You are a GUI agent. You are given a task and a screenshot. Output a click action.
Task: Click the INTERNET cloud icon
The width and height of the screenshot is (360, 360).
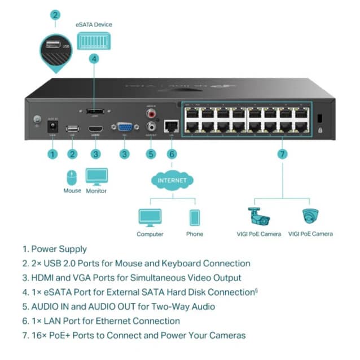[x=172, y=181]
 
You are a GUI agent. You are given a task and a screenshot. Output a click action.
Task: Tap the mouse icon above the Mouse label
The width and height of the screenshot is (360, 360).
[x=72, y=178]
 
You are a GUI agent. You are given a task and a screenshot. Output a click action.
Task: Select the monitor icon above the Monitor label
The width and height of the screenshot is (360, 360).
[x=96, y=176]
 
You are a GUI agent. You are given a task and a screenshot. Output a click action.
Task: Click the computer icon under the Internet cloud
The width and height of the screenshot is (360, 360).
[x=150, y=217]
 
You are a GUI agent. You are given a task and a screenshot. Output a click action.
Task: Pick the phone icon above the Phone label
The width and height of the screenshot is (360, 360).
[x=195, y=218]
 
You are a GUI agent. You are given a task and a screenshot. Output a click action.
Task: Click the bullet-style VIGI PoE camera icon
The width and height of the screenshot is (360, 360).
[x=260, y=217]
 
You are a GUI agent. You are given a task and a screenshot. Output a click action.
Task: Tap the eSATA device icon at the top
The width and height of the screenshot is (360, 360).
[x=94, y=40]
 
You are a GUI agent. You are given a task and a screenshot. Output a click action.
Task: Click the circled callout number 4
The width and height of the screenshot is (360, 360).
[x=94, y=58]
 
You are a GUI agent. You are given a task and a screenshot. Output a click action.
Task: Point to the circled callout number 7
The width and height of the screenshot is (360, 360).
[x=282, y=154]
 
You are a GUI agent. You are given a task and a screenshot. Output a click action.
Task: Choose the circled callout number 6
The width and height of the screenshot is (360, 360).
[x=172, y=154]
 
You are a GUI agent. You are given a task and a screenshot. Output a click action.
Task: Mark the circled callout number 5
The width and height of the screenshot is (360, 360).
[x=150, y=154]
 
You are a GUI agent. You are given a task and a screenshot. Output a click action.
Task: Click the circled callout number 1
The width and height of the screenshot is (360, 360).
[x=52, y=154]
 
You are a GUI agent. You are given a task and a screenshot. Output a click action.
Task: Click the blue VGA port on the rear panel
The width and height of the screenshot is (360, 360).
[x=125, y=128]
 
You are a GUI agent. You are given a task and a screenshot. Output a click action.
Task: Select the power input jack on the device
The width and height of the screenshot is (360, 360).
[x=52, y=128]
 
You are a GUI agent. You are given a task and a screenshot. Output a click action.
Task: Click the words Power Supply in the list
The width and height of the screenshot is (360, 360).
[x=59, y=249]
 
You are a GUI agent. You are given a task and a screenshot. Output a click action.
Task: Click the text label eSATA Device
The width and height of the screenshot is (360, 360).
[x=94, y=25]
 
